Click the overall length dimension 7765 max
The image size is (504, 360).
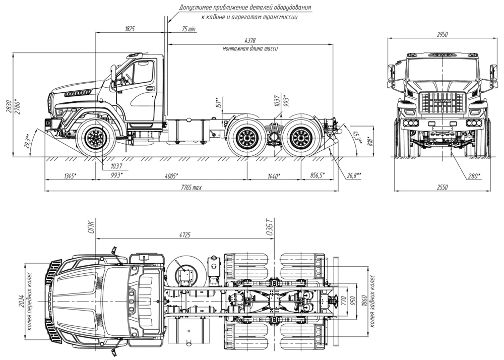(192, 188)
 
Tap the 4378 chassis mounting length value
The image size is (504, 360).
(250, 40)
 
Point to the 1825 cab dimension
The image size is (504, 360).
(130, 29)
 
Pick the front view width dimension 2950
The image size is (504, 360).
(442, 34)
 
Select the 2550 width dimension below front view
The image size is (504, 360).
(442, 188)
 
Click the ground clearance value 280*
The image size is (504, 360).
(473, 176)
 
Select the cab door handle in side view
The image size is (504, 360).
(150, 89)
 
